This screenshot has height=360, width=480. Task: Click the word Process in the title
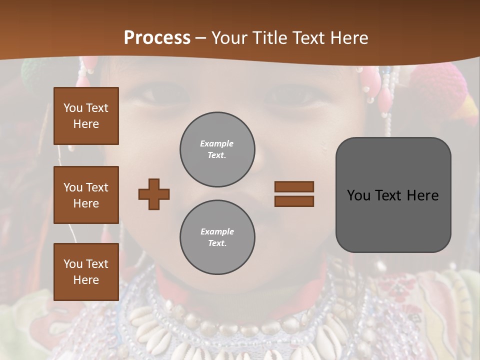(157, 38)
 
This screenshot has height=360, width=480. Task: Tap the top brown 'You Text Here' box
(86, 116)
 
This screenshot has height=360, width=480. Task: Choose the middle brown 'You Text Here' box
(86, 195)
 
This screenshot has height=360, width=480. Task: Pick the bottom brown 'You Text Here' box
(86, 272)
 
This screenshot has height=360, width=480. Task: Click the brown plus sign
(154, 194)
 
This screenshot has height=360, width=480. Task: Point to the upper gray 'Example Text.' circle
(217, 149)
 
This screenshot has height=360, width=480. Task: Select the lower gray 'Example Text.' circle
(217, 237)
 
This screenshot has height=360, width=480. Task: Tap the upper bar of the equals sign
(294, 187)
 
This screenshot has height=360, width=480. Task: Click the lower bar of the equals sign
(294, 201)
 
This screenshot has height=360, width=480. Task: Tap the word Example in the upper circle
(217, 143)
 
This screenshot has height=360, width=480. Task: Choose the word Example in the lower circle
(217, 231)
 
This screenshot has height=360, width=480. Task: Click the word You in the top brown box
(72, 108)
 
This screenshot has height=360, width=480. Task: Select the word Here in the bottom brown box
(86, 280)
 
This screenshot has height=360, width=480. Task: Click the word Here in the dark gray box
(423, 195)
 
